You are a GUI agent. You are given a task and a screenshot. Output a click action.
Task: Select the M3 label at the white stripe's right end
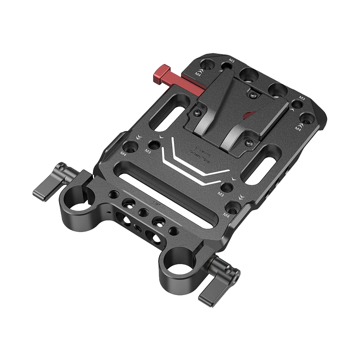(220, 194)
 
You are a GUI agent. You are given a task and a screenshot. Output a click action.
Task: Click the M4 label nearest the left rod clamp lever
(123, 153)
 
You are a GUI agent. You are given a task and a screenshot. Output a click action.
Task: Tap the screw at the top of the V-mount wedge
(252, 95)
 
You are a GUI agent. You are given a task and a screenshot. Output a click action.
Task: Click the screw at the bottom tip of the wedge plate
(249, 143)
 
